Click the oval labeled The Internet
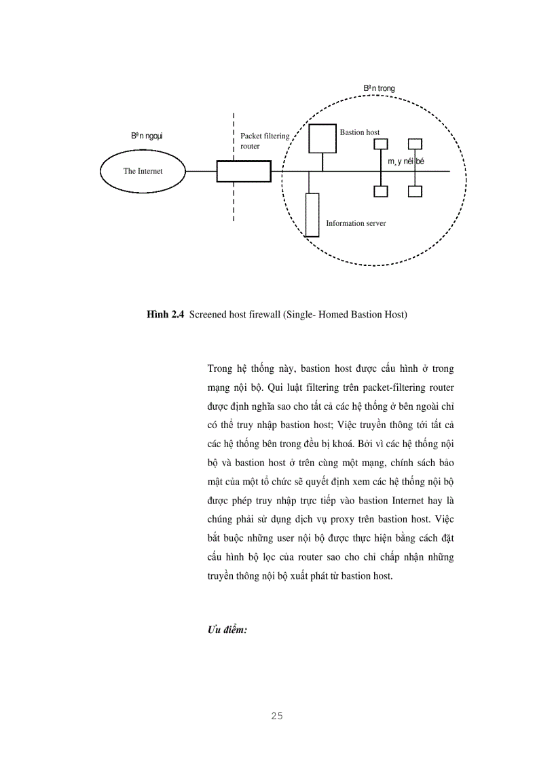[x=143, y=171]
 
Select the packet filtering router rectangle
[x=244, y=172]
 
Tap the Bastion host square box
[x=323, y=138]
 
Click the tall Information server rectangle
[x=312, y=214]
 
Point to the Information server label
[x=356, y=223]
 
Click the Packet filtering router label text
[x=265, y=140]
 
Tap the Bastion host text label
[x=360, y=132]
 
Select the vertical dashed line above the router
[x=234, y=136]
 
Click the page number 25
[x=276, y=716]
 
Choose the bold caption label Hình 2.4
[x=166, y=315]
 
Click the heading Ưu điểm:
[x=227, y=630]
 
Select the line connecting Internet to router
[x=202, y=172]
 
